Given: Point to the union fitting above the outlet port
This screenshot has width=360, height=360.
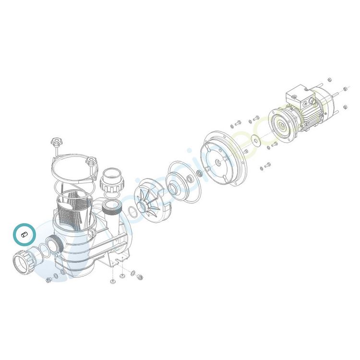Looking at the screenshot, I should point(112,180).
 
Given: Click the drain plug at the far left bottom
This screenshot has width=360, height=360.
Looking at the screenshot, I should point(48,280).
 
